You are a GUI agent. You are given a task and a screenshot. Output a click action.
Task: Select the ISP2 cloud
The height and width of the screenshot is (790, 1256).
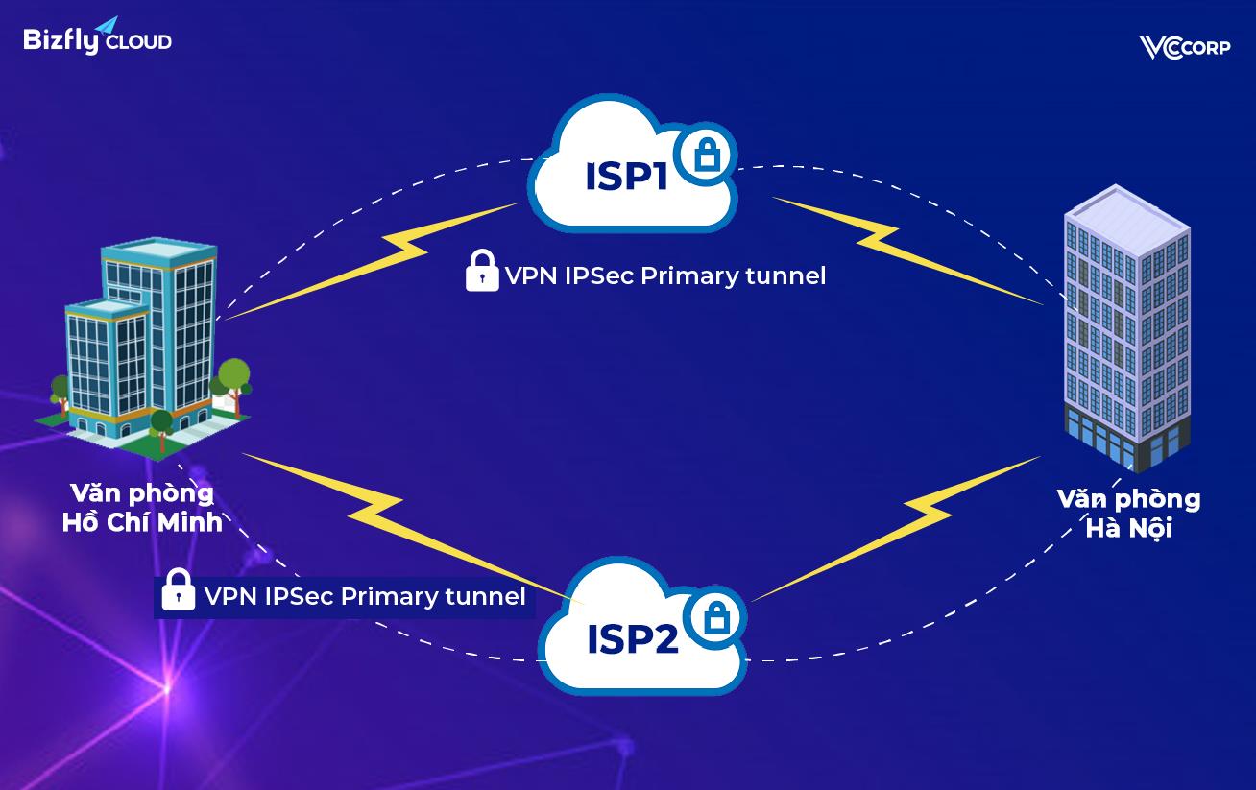pyautogui.click(x=634, y=637)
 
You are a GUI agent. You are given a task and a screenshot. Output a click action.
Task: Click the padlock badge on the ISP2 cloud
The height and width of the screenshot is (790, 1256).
pyautogui.click(x=715, y=617)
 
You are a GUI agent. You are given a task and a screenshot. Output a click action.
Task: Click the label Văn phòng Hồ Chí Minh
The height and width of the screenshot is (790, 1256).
pyautogui.click(x=142, y=508)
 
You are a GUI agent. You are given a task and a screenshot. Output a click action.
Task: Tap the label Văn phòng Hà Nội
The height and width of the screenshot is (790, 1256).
pyautogui.click(x=1128, y=514)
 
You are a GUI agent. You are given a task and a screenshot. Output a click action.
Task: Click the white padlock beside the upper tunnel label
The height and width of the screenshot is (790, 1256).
pyautogui.click(x=481, y=272)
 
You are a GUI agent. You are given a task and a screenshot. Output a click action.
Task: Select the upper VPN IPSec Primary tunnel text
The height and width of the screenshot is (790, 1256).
pyautogui.click(x=664, y=276)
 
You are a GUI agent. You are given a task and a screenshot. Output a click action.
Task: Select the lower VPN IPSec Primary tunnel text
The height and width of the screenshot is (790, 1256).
pyautogui.click(x=365, y=596)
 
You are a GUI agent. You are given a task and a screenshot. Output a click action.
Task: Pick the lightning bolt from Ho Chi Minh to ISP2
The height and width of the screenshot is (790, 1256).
pyautogui.click(x=403, y=518)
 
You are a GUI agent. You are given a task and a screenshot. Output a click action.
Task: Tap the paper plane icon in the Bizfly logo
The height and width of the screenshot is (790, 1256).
pyautogui.click(x=106, y=25)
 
